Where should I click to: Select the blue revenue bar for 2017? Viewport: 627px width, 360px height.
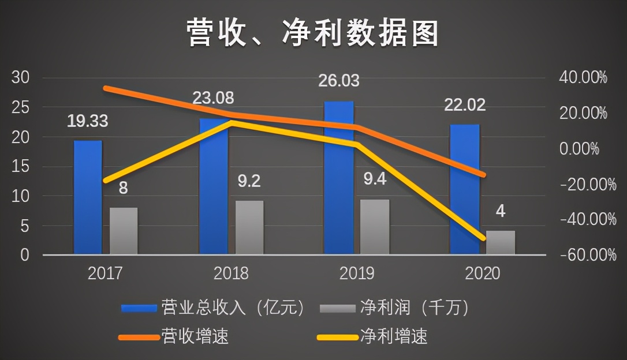click(x=88, y=198)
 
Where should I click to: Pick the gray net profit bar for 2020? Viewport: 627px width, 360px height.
click(x=500, y=243)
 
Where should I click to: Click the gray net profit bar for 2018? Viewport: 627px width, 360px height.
click(x=249, y=228)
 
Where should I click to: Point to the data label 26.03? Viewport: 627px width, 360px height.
click(x=338, y=80)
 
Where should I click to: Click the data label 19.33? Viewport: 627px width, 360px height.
click(x=88, y=121)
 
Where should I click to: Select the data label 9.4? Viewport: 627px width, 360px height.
click(x=374, y=180)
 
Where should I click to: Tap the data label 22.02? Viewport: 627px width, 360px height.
click(x=465, y=105)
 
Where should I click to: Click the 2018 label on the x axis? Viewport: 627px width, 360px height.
click(x=231, y=272)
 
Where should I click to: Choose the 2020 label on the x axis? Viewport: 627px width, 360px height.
click(x=482, y=272)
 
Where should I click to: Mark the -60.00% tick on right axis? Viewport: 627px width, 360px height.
click(x=581, y=255)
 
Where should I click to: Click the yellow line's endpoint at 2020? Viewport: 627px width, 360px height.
click(x=483, y=238)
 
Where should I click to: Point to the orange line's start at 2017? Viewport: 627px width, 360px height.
click(x=106, y=88)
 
